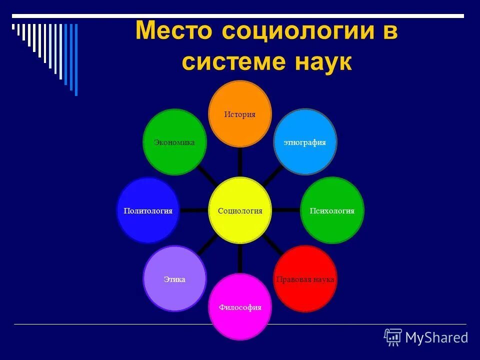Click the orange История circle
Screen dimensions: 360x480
240,114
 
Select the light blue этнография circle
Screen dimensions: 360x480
305,142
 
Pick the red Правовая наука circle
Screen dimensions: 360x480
305,278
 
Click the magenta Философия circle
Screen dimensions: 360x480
240,307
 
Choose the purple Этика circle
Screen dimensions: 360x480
174,278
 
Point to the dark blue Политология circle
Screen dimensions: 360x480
148,210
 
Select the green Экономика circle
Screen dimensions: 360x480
174,142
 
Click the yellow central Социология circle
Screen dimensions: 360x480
240,210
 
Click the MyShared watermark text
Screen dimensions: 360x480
436,338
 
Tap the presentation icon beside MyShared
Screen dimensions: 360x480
393,337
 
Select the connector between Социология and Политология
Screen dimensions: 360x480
194,210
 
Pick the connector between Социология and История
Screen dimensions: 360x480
240,162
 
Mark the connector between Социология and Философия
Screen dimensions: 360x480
240,259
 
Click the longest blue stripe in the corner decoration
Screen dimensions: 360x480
76,59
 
